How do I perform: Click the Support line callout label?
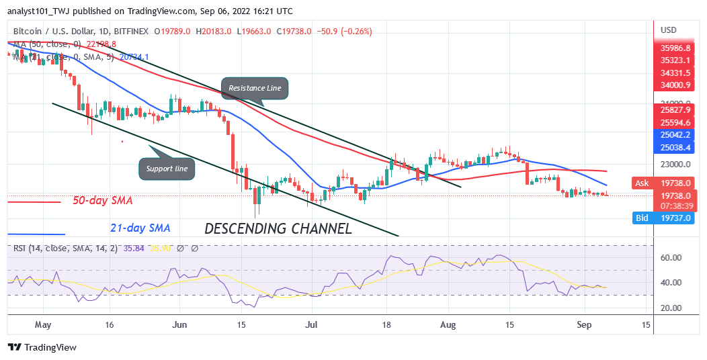click(167, 168)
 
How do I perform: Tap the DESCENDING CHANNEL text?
click(278, 228)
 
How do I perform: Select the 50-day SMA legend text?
click(103, 201)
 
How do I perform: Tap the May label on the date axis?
click(43, 325)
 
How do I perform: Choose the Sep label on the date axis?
click(583, 325)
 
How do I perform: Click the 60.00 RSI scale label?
click(672, 257)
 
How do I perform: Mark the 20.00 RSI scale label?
click(672, 308)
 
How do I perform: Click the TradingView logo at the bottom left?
click(42, 347)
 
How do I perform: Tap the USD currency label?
click(669, 30)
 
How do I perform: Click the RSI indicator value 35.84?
click(128, 248)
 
